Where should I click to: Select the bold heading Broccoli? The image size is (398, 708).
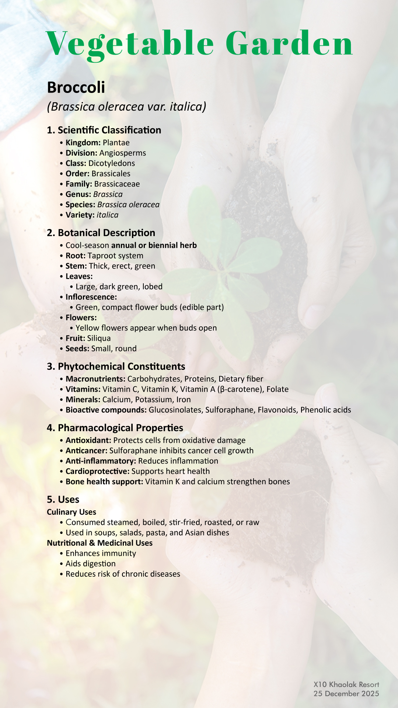click(x=76, y=88)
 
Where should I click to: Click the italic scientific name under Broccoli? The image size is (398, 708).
click(x=126, y=107)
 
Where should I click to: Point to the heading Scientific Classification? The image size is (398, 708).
click(x=104, y=130)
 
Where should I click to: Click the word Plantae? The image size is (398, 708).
click(x=116, y=143)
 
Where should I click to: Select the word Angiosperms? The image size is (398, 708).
click(x=123, y=153)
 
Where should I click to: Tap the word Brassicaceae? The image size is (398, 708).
click(x=117, y=184)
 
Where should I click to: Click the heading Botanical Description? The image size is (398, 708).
click(x=101, y=233)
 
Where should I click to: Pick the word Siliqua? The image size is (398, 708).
click(x=99, y=339)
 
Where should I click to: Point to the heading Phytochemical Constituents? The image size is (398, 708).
click(x=116, y=367)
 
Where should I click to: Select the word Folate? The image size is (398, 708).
click(x=277, y=389)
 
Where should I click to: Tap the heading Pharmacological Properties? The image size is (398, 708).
click(x=115, y=428)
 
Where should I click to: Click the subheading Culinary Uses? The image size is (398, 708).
click(x=71, y=512)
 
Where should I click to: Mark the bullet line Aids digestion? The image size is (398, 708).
click(x=90, y=564)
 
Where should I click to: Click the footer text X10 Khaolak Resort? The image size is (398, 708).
click(x=346, y=685)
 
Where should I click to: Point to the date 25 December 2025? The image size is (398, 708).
click(x=346, y=694)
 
